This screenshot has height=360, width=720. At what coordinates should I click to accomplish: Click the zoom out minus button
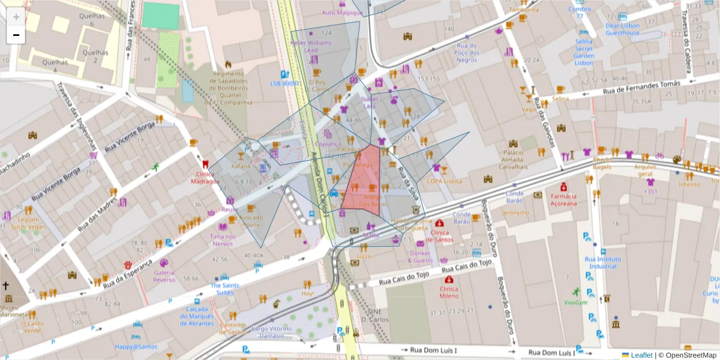[x=16, y=35]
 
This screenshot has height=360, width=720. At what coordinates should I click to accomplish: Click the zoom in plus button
[x=16, y=17]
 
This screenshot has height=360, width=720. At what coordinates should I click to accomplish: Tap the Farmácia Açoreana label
[x=563, y=199]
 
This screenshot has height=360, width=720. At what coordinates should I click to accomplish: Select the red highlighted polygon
[x=362, y=180]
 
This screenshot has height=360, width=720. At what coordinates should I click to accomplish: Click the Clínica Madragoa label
[x=205, y=178]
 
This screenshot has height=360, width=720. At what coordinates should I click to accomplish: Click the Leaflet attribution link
[x=641, y=355]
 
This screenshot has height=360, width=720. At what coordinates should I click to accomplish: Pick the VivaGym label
[x=575, y=302]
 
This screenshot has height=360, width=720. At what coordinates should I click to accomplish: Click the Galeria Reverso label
[x=164, y=276]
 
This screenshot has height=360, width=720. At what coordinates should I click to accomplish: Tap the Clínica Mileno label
[x=448, y=292]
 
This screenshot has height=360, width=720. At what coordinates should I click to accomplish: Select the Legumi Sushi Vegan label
[x=28, y=223]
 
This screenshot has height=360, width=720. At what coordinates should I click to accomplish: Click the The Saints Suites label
[x=224, y=289]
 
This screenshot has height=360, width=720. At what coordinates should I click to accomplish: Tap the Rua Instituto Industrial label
[x=602, y=262]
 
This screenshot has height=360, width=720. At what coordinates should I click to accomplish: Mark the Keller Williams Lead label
[x=311, y=47]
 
